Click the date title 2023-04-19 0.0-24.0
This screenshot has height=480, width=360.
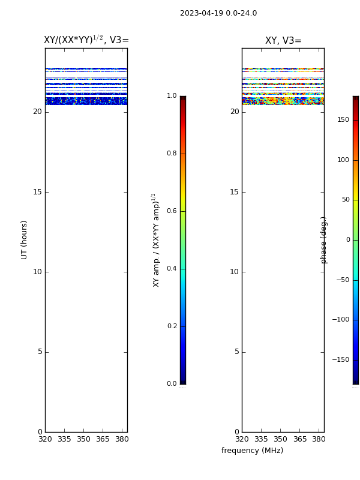(218, 13)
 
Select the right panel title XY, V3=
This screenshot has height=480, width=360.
(283, 40)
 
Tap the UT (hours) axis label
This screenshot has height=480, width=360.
(24, 240)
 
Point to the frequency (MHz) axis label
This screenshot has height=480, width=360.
(252, 451)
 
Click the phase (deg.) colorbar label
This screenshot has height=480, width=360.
(323, 241)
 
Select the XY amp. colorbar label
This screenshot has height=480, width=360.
(156, 240)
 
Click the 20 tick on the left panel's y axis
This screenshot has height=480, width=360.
(37, 112)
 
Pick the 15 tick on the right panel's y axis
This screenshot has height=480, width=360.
(234, 192)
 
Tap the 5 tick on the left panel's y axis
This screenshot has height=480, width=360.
(40, 352)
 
